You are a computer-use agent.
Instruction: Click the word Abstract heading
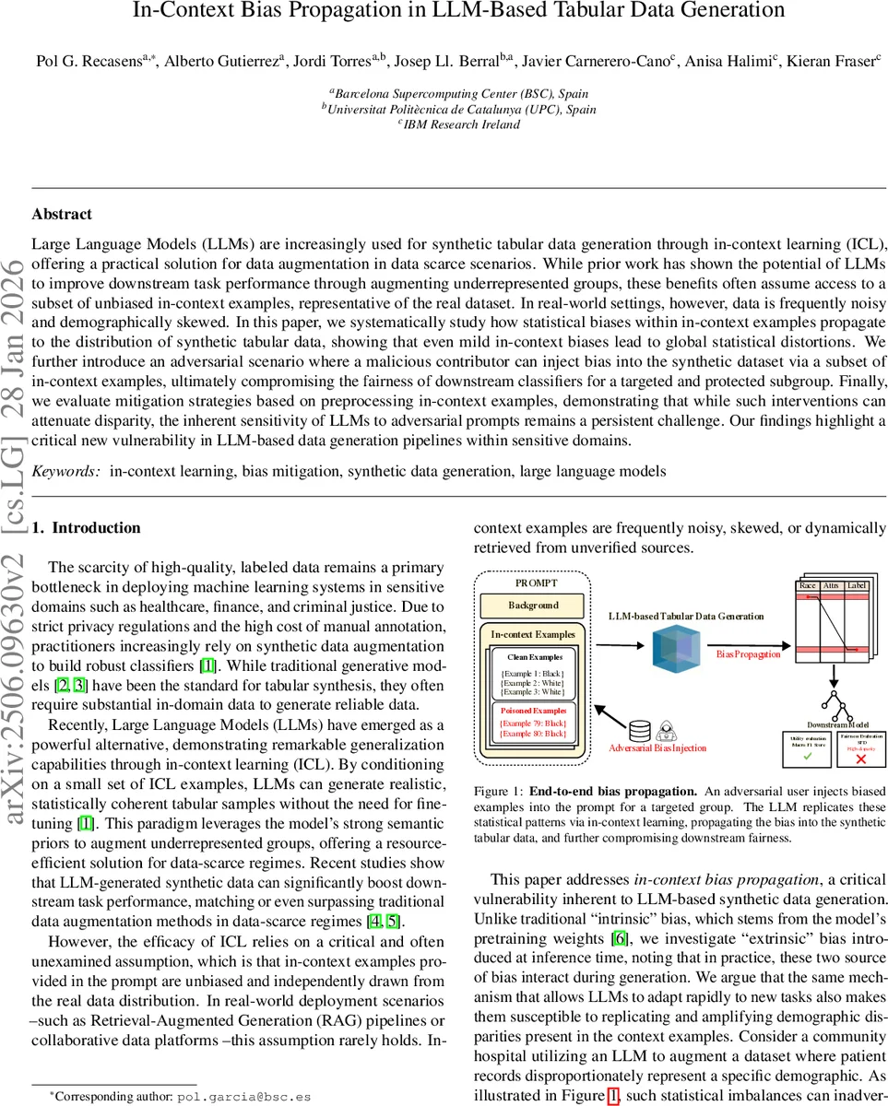[x=62, y=215]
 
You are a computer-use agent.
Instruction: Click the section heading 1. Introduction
[x=87, y=528]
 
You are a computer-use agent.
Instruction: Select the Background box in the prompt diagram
[x=533, y=606]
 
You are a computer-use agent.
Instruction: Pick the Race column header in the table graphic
[x=808, y=585]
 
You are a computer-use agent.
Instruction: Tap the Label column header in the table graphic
[x=857, y=585]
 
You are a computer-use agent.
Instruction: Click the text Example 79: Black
[x=533, y=724]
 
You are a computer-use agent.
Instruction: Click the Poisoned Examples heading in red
[x=533, y=711]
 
